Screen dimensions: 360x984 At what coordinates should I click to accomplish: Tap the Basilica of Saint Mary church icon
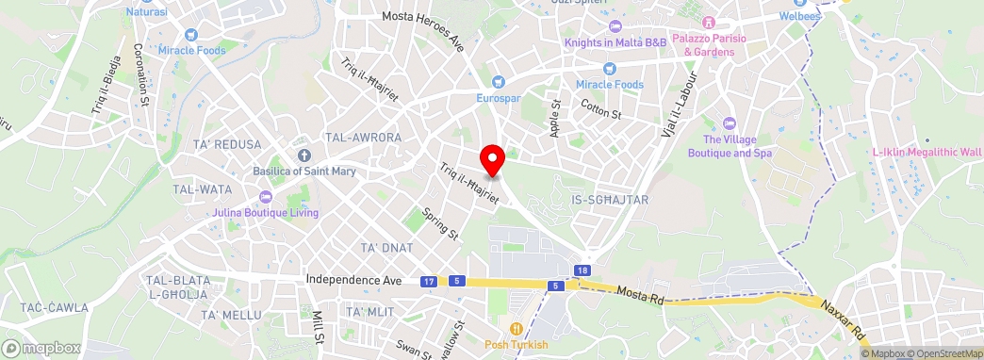303,155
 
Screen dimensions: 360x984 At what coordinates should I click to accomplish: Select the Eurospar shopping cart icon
499,82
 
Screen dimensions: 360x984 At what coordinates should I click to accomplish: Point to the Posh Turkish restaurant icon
517,329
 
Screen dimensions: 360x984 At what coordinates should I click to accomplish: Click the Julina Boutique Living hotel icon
265,196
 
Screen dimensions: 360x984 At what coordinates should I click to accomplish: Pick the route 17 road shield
429,282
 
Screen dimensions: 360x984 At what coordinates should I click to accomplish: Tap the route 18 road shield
583,270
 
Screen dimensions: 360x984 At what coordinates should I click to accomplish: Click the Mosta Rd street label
642,295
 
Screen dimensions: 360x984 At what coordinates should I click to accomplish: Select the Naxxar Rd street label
842,319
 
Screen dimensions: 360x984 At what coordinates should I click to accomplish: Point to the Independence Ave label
354,281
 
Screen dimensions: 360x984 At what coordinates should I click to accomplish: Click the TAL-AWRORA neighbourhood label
363,138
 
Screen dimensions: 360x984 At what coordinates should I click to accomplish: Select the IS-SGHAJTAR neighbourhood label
610,200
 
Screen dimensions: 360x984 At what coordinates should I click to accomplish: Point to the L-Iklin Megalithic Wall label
926,152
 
